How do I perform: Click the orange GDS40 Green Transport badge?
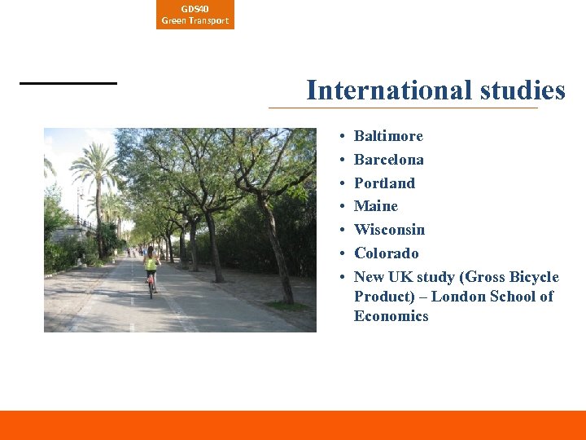coord(195,15)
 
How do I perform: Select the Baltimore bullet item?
coord(388,136)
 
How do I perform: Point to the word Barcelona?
coord(388,160)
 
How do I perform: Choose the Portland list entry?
coord(384,183)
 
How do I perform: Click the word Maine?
coord(376,206)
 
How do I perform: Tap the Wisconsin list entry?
coord(389,230)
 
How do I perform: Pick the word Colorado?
coord(386,253)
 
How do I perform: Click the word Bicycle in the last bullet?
coord(534,277)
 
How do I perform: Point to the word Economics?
coord(391,316)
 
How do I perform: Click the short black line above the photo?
coord(68,83)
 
